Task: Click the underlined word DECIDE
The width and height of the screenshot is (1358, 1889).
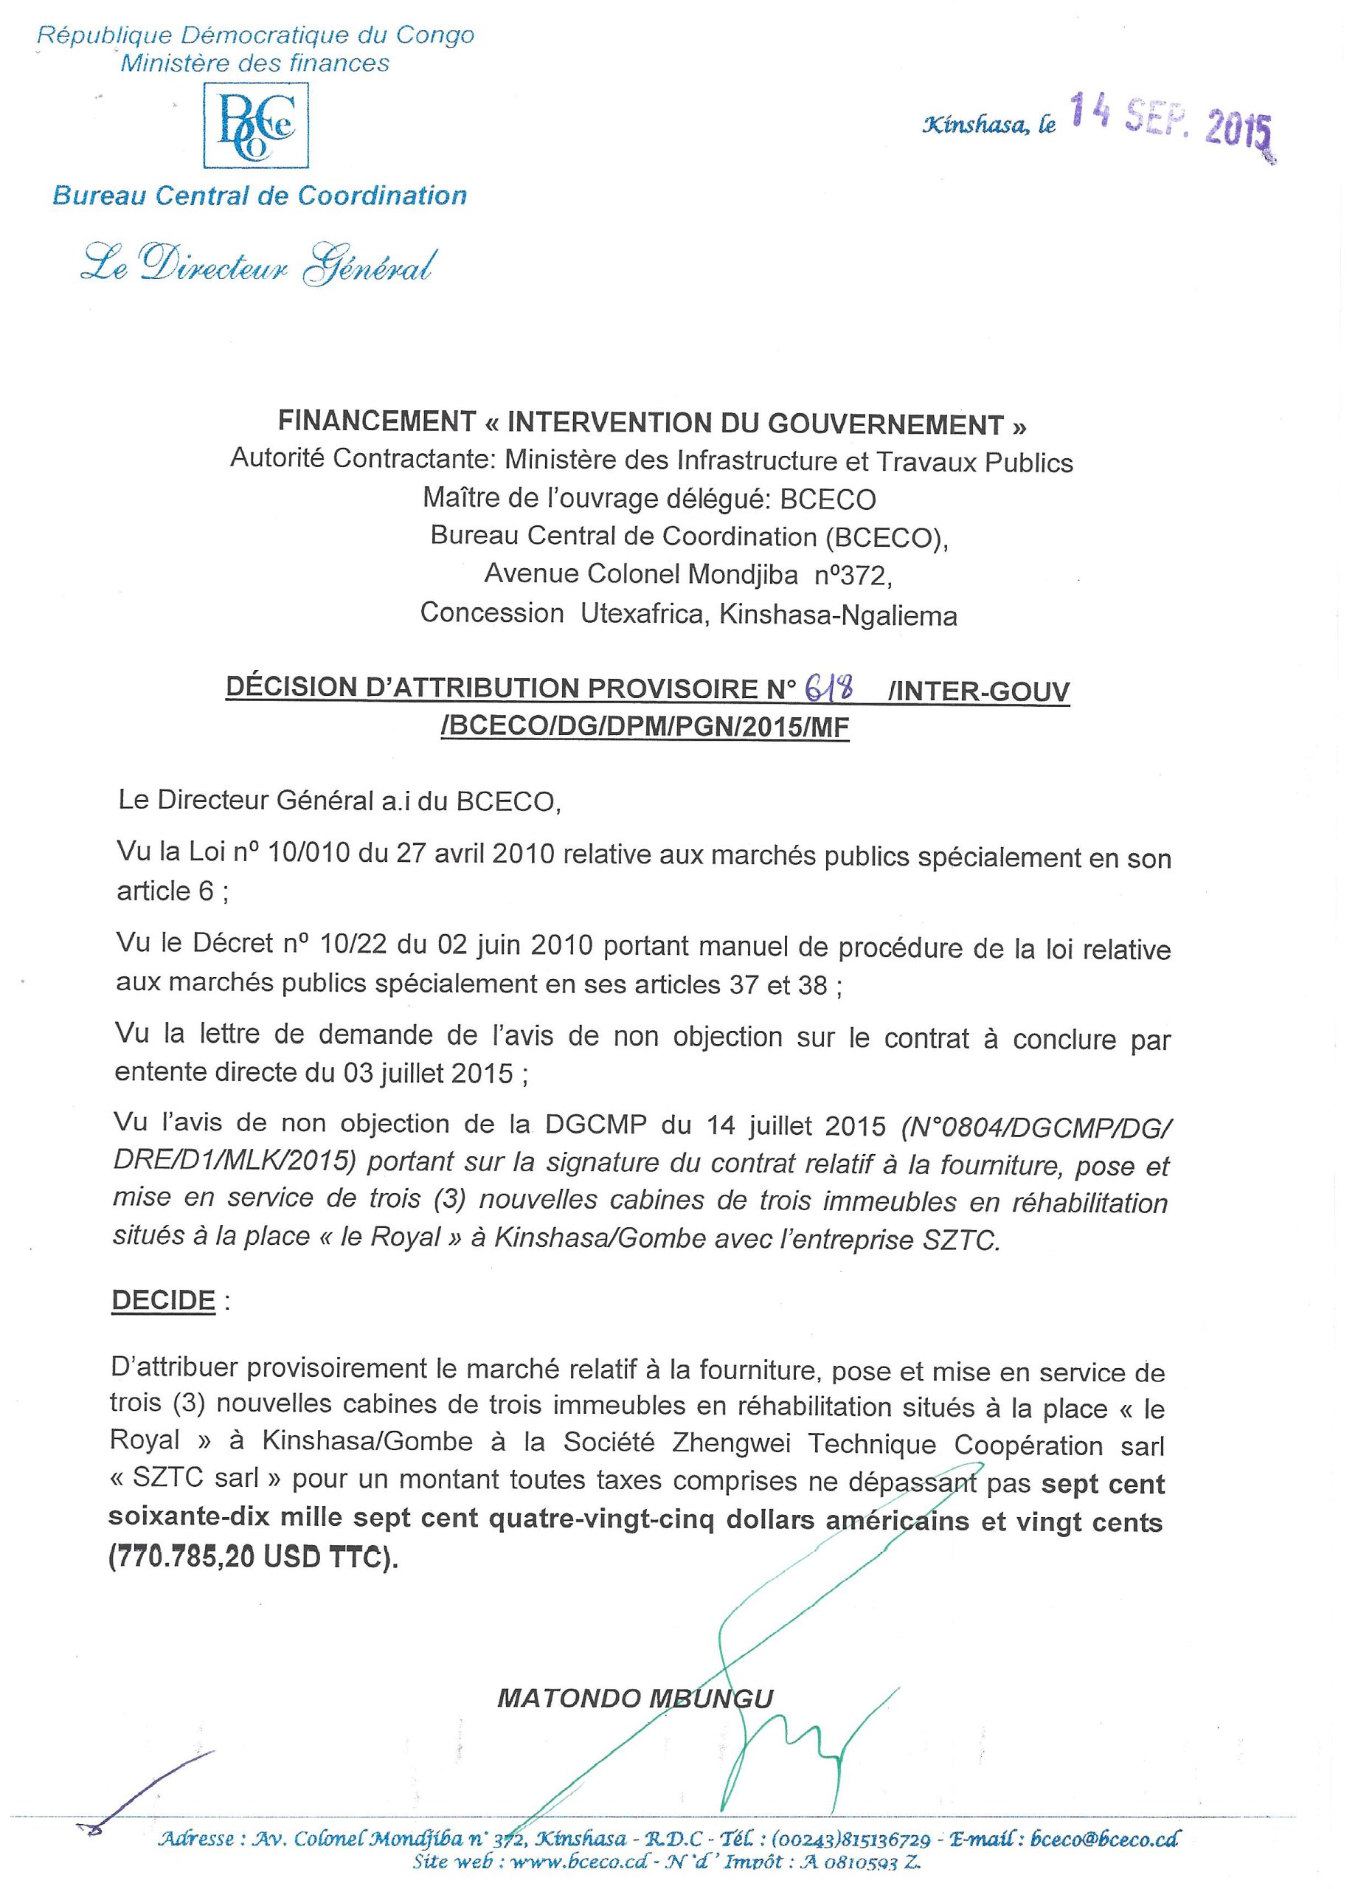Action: coord(163,1301)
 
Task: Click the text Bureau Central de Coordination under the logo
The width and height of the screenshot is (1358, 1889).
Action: coord(259,196)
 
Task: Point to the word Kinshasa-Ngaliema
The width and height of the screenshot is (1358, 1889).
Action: coord(838,615)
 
